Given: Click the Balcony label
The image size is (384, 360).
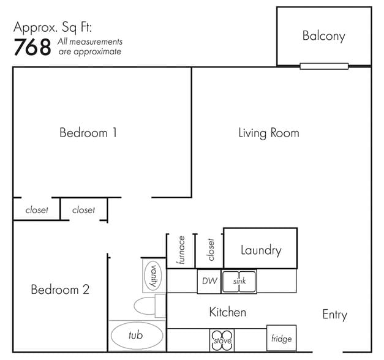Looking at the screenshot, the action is click(324, 36).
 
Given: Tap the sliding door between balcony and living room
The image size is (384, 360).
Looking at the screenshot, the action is click(324, 66).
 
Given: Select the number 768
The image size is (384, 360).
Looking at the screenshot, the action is click(32, 47).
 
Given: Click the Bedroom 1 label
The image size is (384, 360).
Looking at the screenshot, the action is click(88, 133).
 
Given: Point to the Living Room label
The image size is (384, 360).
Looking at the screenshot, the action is click(269, 133).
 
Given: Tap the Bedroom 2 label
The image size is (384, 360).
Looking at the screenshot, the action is click(60, 290).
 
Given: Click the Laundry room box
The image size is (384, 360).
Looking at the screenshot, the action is click(260, 248).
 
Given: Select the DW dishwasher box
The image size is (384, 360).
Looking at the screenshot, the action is click(209, 281).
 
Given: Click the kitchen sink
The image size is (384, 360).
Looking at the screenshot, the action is click(239, 282).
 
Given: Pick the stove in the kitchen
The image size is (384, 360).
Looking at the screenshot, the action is click(222, 340).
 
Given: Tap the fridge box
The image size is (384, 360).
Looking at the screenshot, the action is click(281, 339).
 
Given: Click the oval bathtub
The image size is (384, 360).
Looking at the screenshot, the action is click(137, 336).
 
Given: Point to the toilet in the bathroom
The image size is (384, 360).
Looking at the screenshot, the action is click(149, 306).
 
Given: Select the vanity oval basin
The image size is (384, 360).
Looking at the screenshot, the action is click(153, 276).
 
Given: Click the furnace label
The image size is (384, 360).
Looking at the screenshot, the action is click(181, 250).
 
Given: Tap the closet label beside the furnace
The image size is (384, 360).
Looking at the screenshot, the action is click(210, 250).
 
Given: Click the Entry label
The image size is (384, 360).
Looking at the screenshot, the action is click(335, 315).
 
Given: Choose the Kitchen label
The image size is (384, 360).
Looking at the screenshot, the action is click(228, 312).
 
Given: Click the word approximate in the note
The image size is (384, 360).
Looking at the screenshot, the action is click(97, 51).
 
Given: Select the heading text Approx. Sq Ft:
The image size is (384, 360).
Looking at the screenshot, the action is click(53, 28).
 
